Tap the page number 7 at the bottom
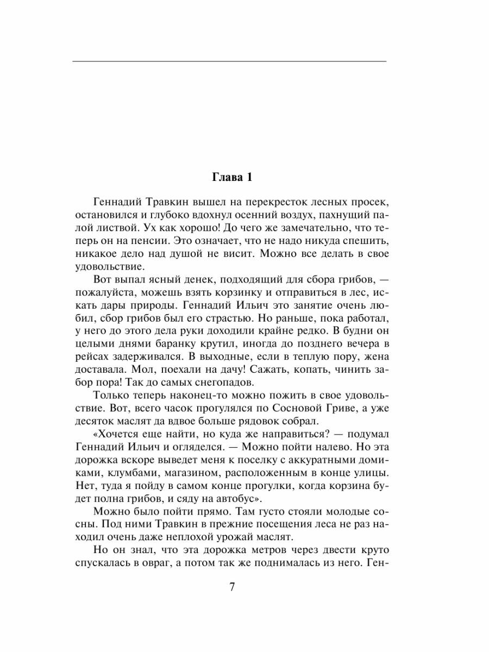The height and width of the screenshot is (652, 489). tap(232, 588)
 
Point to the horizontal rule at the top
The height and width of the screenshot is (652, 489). tap(229, 61)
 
